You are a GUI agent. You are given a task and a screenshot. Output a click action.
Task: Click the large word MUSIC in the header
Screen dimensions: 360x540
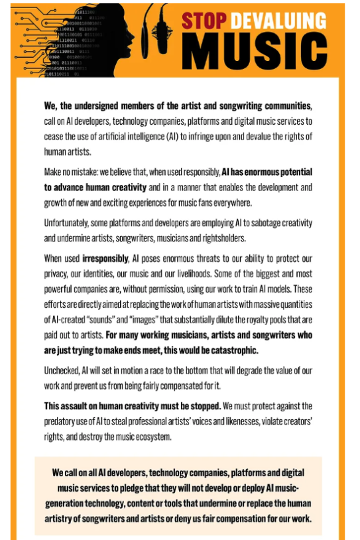tap(255, 51)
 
